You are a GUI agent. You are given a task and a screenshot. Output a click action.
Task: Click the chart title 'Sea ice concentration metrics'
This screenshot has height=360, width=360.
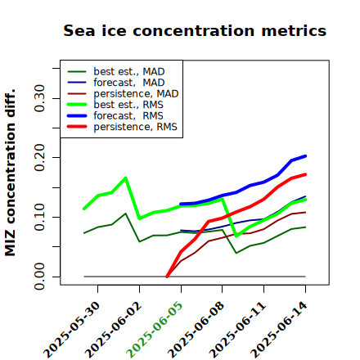tap(195, 30)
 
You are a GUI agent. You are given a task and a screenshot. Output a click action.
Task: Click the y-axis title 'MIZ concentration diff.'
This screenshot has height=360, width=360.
tap(11, 173)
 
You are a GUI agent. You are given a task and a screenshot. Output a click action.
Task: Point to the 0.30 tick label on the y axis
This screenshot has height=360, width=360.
tap(39, 98)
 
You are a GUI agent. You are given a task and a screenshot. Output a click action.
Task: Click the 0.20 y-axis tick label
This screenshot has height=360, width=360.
tap(39, 157)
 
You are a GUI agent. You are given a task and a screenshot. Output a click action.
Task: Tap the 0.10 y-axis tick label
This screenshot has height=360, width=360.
tap(39, 217)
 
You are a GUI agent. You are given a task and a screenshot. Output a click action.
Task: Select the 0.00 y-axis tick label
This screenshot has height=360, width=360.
tap(39, 277)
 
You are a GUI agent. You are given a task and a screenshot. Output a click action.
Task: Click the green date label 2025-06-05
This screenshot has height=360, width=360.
tap(155, 330)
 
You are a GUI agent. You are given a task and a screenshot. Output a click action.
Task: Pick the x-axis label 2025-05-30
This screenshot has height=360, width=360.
tap(72, 330)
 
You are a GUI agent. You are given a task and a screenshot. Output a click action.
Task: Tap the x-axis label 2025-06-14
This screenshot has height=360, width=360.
tap(279, 330)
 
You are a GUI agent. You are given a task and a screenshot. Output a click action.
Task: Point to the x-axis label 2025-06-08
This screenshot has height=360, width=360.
tap(196, 330)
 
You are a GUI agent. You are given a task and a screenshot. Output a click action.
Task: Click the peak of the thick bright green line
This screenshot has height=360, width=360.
tap(125, 178)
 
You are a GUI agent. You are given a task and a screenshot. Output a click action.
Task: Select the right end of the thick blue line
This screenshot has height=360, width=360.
tap(305, 156)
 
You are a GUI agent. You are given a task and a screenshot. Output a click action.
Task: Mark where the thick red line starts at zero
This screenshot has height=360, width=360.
tap(167, 277)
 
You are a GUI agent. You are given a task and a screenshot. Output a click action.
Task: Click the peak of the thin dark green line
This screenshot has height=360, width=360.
tap(125, 214)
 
